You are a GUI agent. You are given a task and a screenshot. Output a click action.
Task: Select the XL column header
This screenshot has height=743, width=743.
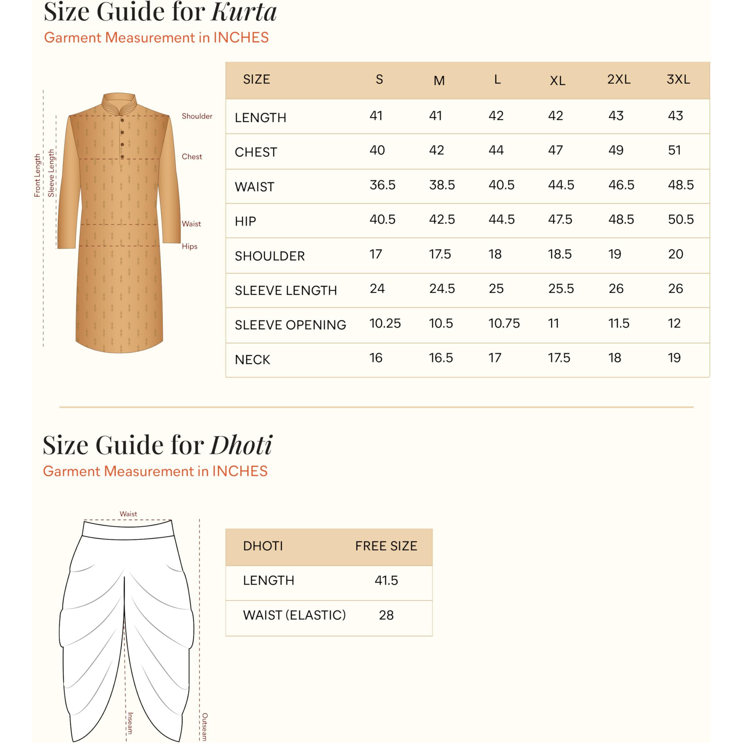[557, 81]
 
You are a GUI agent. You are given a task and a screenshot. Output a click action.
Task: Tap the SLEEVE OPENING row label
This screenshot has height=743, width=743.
[290, 325]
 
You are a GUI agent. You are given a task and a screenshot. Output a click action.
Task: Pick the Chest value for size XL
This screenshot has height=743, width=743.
[555, 150]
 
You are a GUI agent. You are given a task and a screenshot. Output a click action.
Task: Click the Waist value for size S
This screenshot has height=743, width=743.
[382, 185]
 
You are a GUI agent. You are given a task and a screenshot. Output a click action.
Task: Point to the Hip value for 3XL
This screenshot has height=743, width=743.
[681, 219]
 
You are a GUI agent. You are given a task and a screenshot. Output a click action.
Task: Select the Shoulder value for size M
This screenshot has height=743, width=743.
[440, 254]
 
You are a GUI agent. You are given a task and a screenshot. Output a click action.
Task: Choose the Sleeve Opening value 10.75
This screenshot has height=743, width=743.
[504, 323]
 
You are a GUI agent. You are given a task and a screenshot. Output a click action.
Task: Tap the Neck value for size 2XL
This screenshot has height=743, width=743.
[614, 358]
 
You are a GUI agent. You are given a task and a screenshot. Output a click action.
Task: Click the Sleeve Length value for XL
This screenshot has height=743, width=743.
[561, 289]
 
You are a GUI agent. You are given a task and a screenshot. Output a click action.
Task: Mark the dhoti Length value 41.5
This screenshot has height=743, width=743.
[386, 580]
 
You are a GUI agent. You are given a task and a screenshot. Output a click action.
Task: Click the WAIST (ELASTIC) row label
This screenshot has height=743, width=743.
[294, 615]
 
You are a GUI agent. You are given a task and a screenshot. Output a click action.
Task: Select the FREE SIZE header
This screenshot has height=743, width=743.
[386, 546]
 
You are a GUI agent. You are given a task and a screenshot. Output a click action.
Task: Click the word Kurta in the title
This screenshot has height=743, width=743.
[244, 12]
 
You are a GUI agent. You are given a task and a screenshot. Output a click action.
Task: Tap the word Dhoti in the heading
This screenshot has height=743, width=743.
[241, 445]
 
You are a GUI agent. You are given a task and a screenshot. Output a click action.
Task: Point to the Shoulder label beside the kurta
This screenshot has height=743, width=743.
[197, 116]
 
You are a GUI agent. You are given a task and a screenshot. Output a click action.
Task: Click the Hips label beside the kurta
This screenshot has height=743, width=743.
[189, 247]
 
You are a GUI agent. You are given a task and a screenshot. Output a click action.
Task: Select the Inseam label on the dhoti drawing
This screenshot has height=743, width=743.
[130, 723]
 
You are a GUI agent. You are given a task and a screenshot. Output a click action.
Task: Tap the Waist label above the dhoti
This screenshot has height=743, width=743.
[128, 514]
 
